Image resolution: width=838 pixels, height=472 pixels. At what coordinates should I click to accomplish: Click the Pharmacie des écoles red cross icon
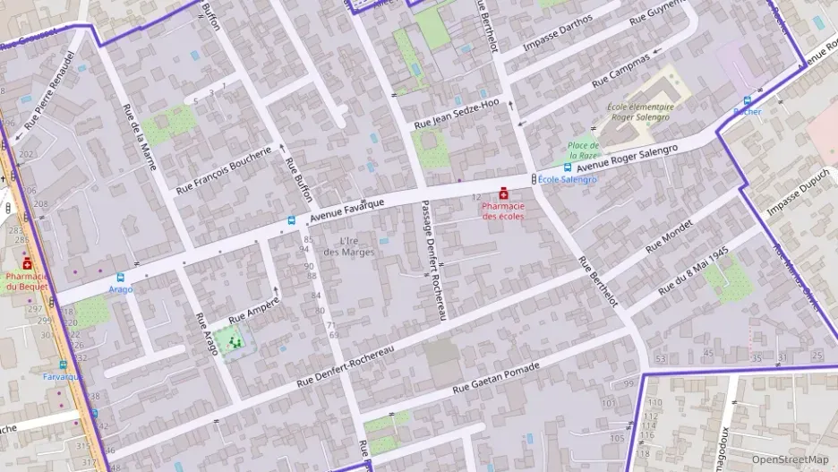tap(503, 193)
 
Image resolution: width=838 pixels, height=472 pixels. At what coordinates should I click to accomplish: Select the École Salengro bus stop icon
tap(568, 167)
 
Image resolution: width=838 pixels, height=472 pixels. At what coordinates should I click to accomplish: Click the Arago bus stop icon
tap(121, 278)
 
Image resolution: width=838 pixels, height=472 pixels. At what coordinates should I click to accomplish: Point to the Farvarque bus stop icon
tap(63, 365)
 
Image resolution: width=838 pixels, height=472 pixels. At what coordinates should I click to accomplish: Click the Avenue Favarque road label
tap(346, 210)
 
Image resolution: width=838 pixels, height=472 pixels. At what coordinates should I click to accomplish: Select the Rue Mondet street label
tap(669, 234)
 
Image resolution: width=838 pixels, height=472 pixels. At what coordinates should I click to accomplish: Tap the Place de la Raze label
tap(583, 150)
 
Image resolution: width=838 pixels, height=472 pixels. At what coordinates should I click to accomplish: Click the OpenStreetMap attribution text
tap(790, 459)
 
